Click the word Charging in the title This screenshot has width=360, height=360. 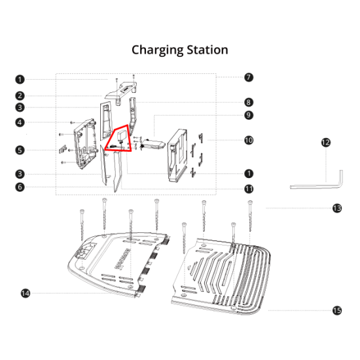158,50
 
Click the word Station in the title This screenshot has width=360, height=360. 207,50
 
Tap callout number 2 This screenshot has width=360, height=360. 20,96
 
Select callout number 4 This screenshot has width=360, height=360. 20,122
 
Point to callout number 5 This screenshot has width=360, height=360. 20,151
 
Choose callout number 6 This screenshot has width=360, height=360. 20,187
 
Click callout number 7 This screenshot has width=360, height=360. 249,77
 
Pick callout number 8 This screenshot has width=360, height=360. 249,102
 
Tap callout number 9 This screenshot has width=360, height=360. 249,115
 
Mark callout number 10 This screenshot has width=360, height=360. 249,140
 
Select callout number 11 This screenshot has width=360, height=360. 249,189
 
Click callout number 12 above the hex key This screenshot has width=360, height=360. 326,143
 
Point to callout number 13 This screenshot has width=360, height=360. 337,208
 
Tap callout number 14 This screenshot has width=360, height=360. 26,293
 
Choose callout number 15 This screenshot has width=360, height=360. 337,311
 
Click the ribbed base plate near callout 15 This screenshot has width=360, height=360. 221,276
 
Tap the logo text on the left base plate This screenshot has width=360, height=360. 122,259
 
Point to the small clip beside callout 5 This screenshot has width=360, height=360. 62,149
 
